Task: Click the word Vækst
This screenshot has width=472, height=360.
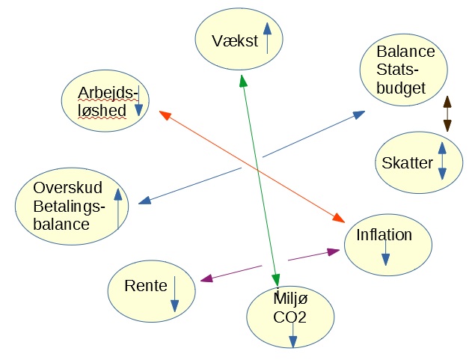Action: coord(235,40)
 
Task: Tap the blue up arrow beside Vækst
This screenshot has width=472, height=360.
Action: coord(267,38)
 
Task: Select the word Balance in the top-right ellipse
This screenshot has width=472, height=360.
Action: coord(405,52)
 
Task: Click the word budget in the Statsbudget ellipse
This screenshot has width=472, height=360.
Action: coord(401,88)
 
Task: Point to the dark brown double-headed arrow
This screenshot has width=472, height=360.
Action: coord(447,114)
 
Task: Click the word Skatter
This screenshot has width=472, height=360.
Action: coord(407,163)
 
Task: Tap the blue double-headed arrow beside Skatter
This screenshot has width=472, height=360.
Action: coord(442,161)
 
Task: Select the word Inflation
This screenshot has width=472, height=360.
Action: coord(384,235)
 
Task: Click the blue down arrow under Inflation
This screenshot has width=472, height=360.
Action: coord(386,253)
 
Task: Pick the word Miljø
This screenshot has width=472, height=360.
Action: coord(290,299)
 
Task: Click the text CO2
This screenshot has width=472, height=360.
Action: coord(290,317)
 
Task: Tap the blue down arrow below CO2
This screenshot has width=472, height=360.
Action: coord(293,335)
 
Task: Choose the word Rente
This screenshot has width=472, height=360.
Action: coord(146,286)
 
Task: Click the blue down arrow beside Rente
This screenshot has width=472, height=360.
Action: coord(174,294)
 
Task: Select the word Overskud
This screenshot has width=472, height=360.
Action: coord(68,188)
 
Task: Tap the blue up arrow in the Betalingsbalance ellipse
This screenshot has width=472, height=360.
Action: coord(118,209)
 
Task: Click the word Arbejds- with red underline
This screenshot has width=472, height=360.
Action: coord(108,93)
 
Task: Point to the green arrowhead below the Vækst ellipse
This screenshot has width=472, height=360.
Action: coord(243,81)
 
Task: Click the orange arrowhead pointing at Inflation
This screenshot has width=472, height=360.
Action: coord(338,218)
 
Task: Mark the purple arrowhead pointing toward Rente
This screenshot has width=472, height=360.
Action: coord(206,278)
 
